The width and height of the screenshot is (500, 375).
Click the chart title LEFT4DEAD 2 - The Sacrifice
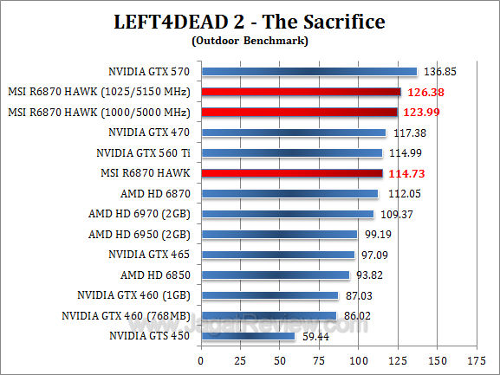250,20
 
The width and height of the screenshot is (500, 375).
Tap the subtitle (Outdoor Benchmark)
250,40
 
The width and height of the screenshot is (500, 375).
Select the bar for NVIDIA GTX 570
308,72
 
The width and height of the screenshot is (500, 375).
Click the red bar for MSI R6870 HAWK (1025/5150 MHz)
301,92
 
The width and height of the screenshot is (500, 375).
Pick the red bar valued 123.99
299,112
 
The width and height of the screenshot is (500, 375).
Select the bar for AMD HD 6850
275,275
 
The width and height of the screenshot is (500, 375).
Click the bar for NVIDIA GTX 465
277,255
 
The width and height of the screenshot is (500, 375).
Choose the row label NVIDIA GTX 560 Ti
146,152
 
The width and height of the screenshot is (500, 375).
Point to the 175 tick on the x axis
474,359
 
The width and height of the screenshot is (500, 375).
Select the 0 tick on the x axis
200,359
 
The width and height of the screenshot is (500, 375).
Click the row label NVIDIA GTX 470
152,133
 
